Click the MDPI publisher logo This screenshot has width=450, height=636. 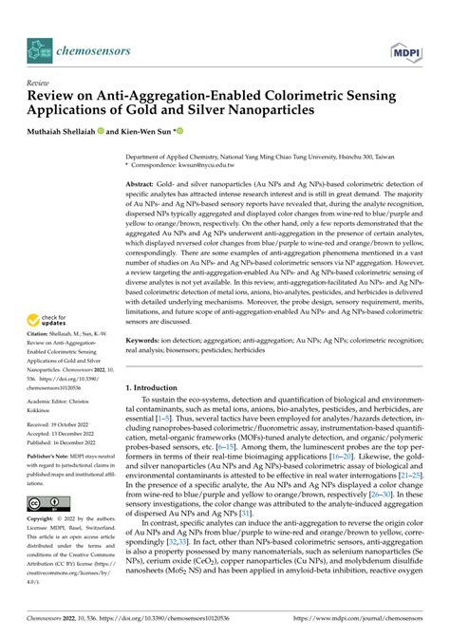[x=406, y=47]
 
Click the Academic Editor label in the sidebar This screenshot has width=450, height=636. [x=56, y=374]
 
